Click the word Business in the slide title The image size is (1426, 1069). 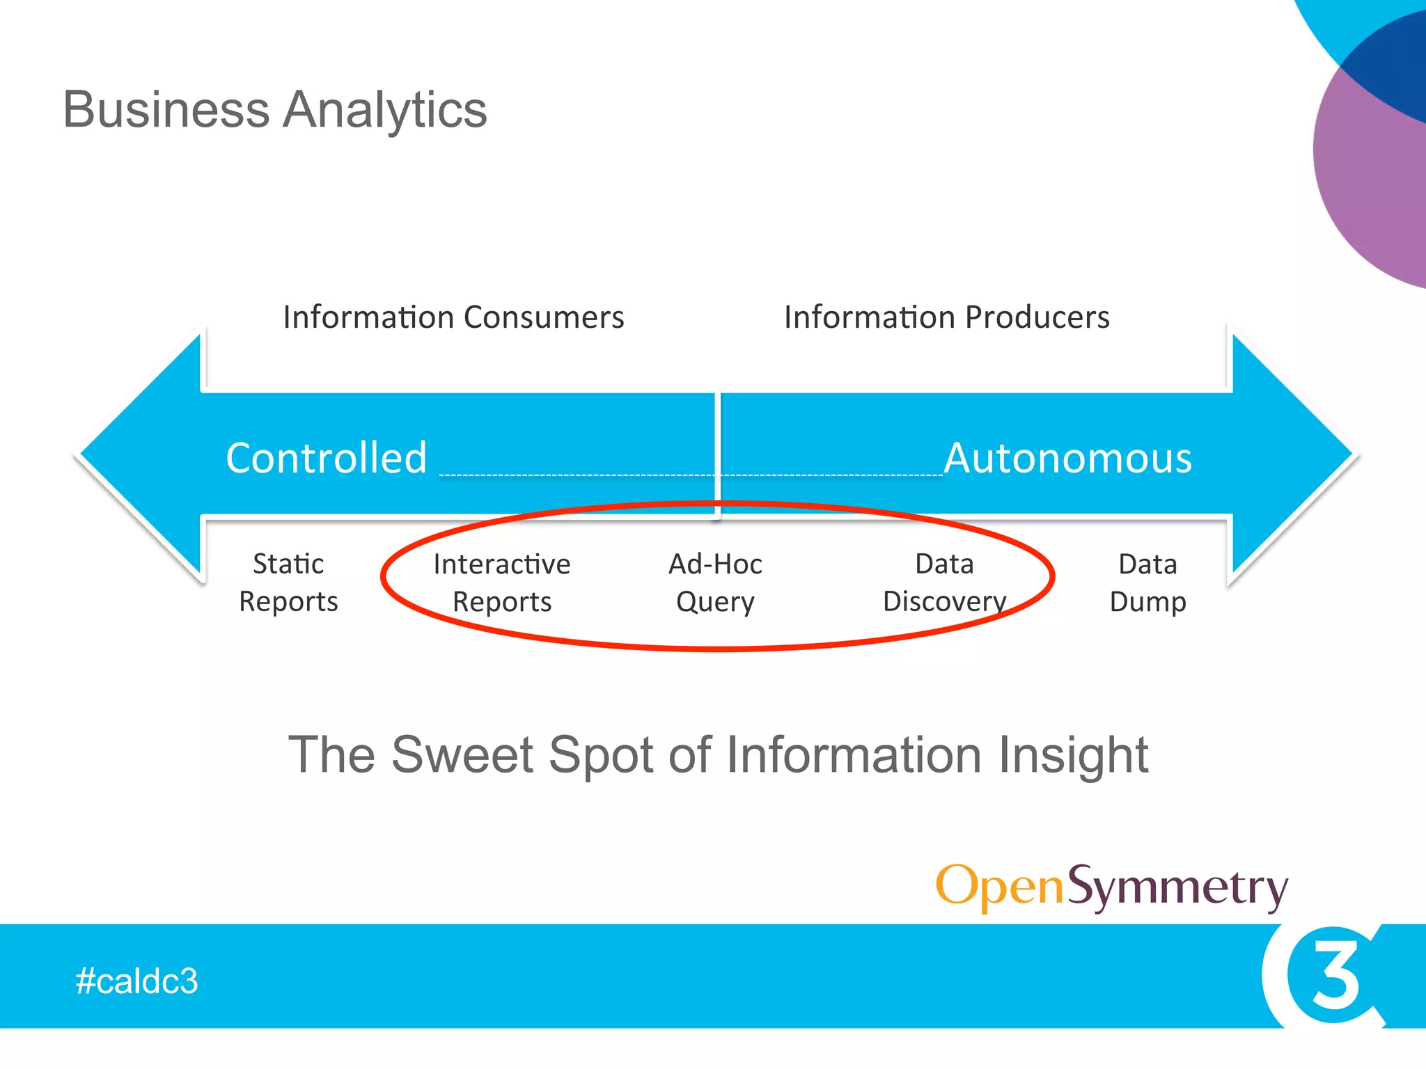[166, 110]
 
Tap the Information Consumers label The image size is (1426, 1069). [453, 317]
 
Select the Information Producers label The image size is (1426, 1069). [946, 317]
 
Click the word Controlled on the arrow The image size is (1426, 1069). [326, 458]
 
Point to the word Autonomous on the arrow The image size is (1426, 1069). [1067, 458]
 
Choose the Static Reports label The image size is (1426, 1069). [288, 583]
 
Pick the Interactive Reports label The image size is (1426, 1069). [501, 583]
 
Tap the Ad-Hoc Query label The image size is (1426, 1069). [715, 583]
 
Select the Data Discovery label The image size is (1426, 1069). [944, 583]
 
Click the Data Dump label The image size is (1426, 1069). [1147, 583]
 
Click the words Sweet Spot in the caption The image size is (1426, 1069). [522, 755]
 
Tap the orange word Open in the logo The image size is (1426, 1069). [1000, 887]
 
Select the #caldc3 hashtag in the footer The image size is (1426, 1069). [136, 981]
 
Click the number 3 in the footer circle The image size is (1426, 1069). [1334, 974]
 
